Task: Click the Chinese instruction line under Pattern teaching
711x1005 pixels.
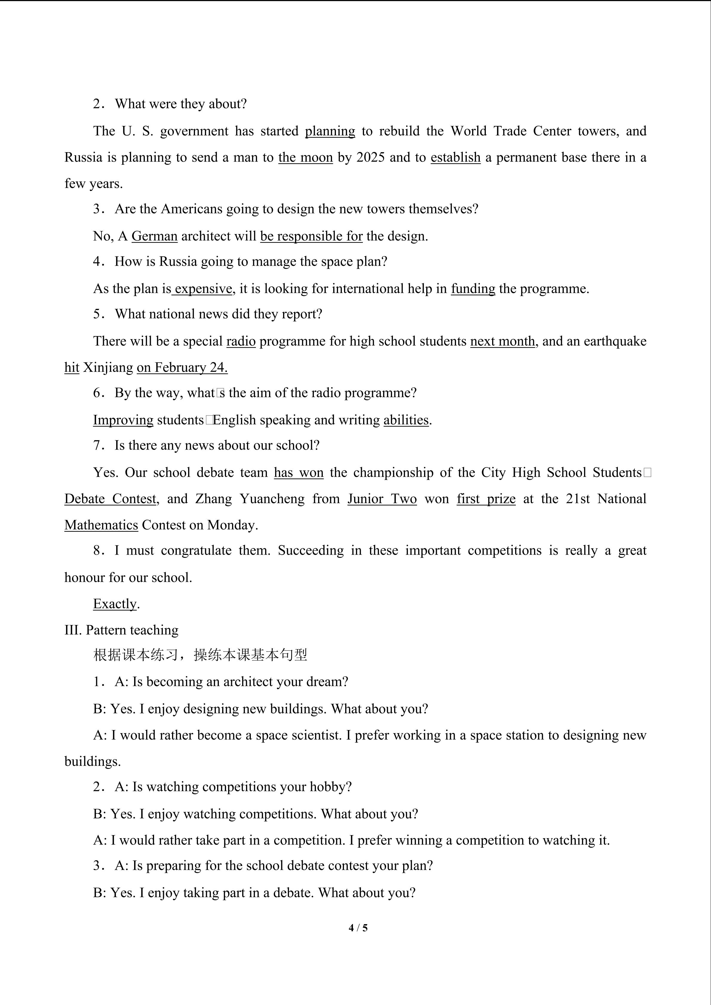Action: (x=200, y=655)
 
